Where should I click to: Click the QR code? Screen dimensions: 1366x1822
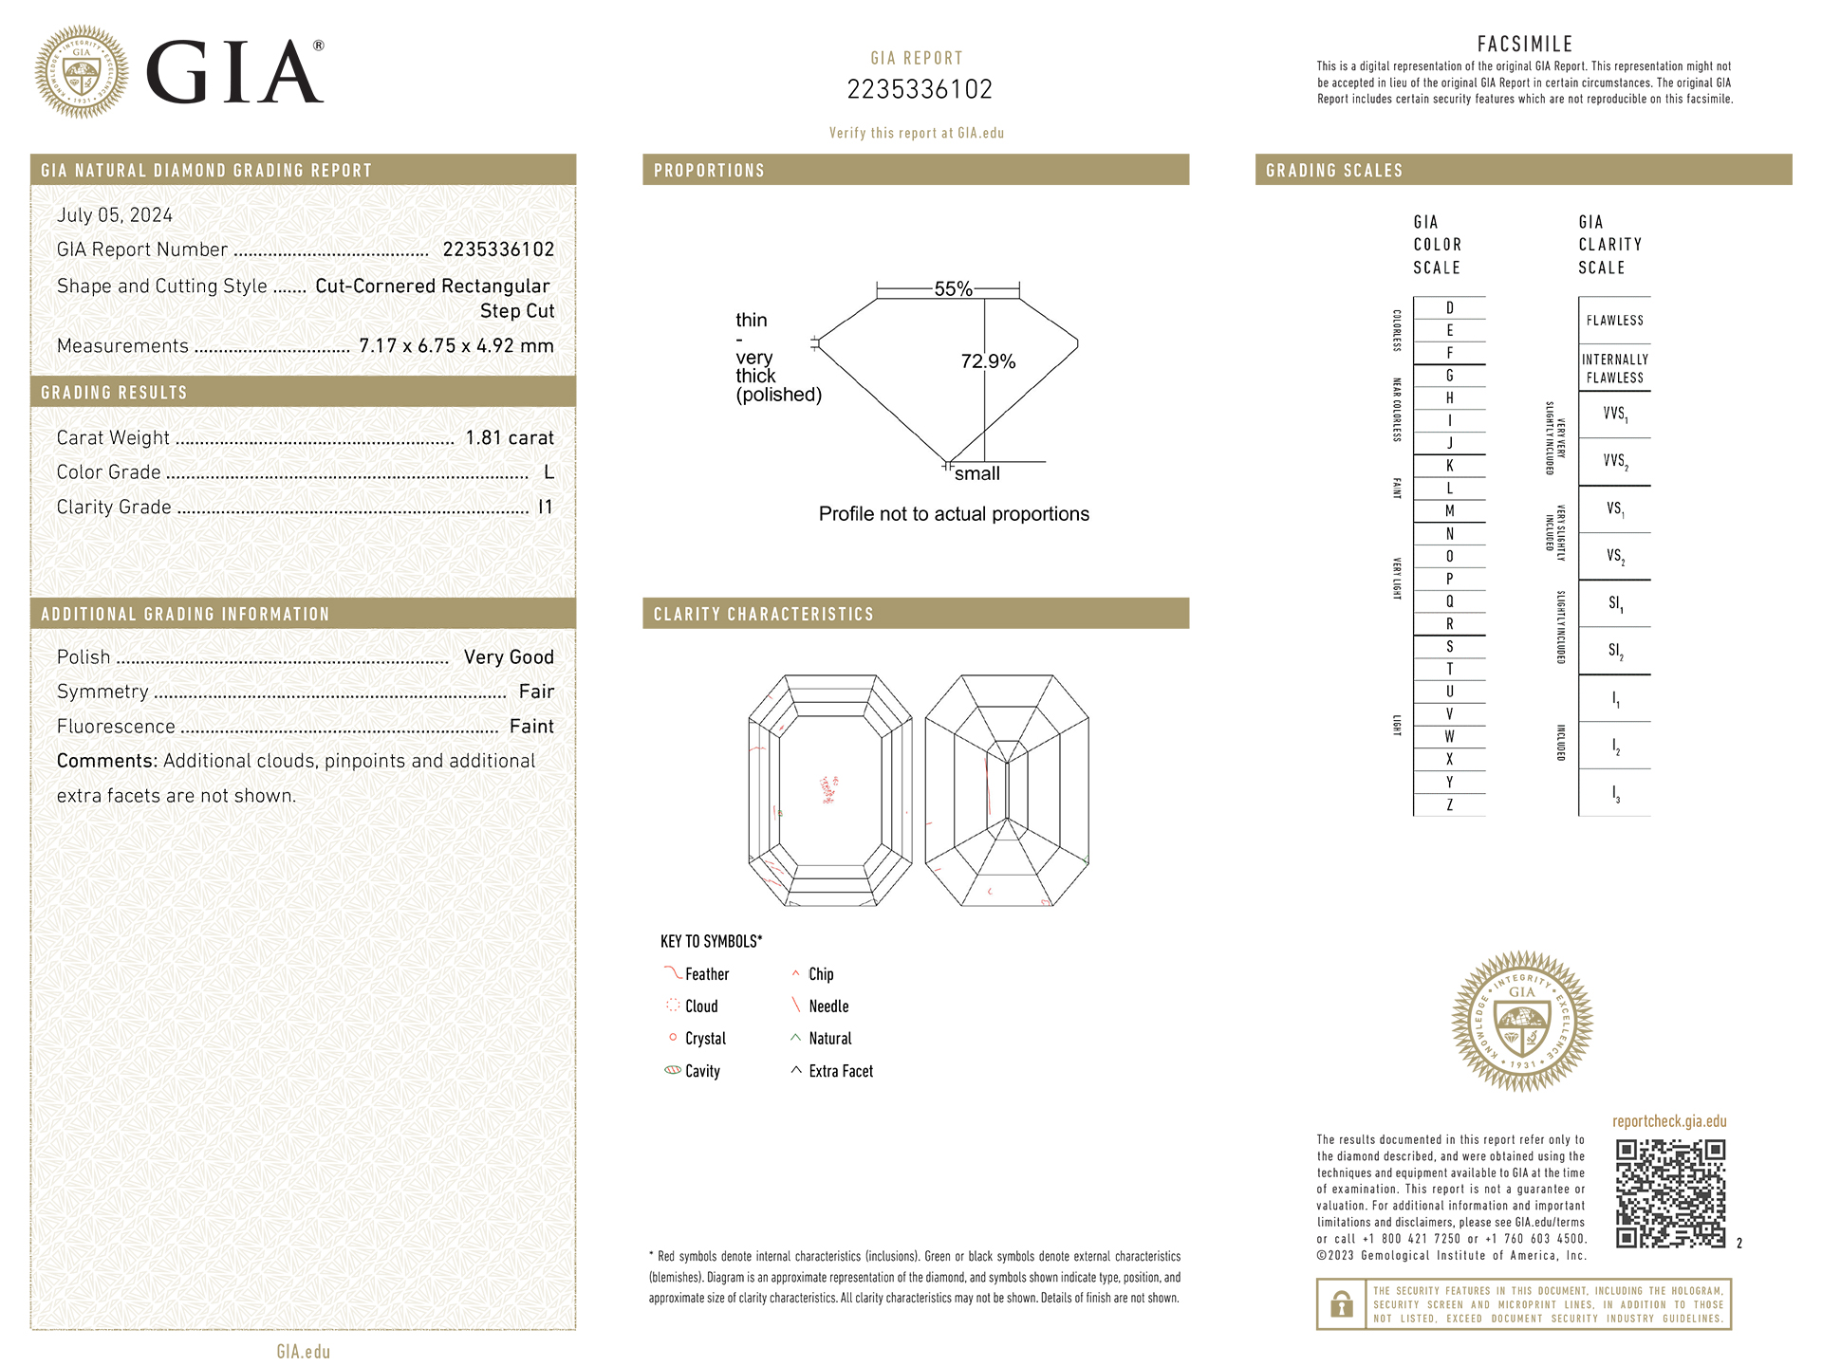click(x=1670, y=1193)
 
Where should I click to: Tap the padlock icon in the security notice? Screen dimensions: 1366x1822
click(x=1341, y=1304)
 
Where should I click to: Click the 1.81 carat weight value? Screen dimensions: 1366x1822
click(x=509, y=437)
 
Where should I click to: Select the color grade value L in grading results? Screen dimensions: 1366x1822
click(x=548, y=472)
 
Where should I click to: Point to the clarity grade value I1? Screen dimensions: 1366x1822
click(x=545, y=508)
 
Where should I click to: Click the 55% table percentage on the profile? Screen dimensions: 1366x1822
click(x=953, y=289)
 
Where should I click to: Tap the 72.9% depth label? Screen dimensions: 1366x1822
click(x=988, y=361)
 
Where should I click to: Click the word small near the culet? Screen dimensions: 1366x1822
click(x=976, y=473)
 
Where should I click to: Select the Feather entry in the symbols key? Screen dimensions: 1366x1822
click(x=706, y=974)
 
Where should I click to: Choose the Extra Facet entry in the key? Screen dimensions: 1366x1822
click(x=840, y=1071)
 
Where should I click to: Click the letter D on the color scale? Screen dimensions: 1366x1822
click(x=1449, y=308)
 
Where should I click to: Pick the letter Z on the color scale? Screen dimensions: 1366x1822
click(x=1449, y=805)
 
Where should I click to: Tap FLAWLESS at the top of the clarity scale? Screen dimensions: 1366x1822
click(x=1614, y=321)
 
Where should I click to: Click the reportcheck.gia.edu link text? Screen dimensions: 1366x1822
click(x=1669, y=1121)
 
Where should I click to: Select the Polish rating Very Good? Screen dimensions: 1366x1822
click(x=509, y=657)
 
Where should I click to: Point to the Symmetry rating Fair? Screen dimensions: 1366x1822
click(x=536, y=692)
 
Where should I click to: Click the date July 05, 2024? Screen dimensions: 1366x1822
click(x=115, y=215)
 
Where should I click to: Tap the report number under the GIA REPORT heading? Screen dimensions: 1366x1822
click(x=919, y=89)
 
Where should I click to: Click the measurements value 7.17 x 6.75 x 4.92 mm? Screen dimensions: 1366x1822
click(x=455, y=346)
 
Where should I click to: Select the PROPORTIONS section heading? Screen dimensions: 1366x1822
click(x=709, y=171)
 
